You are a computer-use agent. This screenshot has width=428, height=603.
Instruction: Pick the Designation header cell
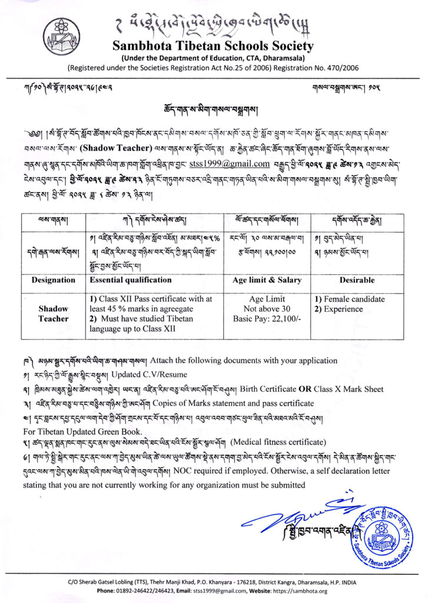[53, 280]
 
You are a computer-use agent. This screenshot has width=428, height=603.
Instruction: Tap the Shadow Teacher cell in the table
[53, 314]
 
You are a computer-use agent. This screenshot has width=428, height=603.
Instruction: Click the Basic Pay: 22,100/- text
[267, 319]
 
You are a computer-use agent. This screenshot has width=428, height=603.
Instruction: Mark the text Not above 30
[267, 309]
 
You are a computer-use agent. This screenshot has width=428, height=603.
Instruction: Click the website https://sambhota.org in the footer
[303, 591]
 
